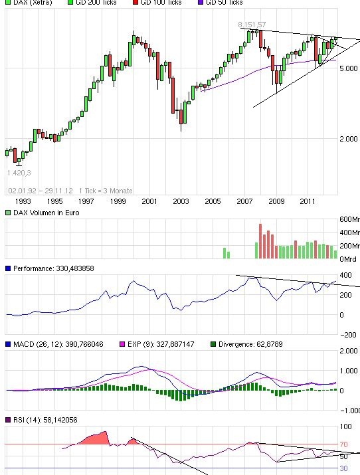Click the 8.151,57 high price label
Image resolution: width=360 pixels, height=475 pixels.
point(252,25)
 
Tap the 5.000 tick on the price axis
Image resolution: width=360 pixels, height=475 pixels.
point(349,68)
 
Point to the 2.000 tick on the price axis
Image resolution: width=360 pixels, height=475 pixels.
point(349,139)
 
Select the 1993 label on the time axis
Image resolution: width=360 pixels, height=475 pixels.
point(23,201)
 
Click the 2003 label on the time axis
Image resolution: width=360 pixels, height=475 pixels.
point(181,201)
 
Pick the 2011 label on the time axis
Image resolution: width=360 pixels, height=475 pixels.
point(307,201)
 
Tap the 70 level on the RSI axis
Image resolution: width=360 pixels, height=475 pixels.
point(344,444)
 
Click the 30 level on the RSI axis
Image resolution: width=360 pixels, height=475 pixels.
point(344,468)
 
